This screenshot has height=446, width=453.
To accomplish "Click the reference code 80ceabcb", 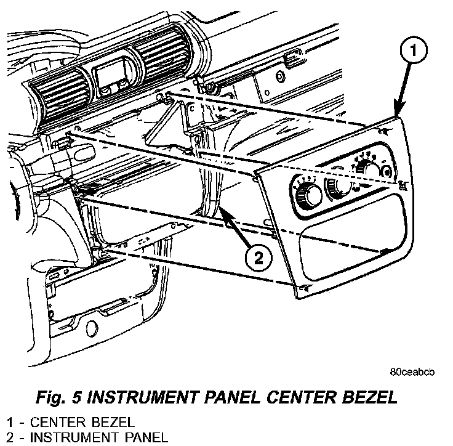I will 412,373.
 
